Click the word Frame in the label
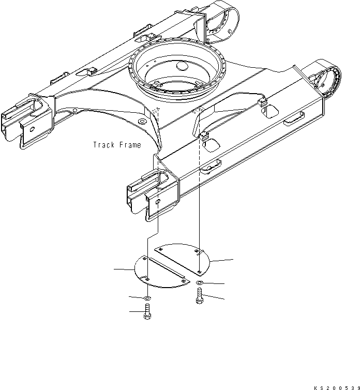pos(130,145)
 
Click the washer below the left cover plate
pos(148,298)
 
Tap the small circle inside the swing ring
pos(180,66)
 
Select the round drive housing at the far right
pos(325,81)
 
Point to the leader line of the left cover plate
pos(124,269)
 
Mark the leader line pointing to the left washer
pos(137,297)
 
